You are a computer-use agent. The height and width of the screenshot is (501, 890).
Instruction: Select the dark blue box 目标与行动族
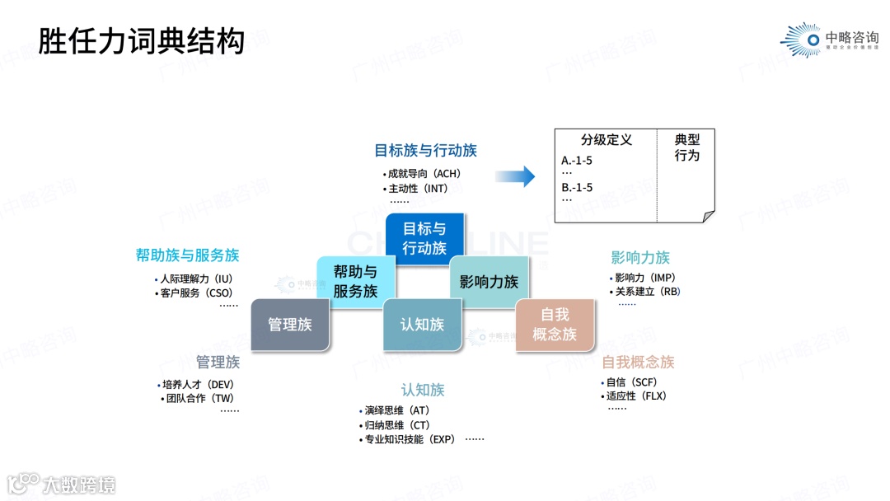424,238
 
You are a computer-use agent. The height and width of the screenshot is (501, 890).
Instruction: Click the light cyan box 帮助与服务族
355,281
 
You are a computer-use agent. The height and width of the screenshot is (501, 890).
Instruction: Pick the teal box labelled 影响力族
489,281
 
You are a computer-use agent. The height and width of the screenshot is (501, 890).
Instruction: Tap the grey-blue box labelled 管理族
289,325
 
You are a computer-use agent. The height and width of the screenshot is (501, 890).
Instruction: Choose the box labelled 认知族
422,325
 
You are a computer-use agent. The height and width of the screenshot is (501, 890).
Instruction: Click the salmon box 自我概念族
555,325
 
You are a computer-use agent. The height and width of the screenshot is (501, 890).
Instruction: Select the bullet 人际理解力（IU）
196,279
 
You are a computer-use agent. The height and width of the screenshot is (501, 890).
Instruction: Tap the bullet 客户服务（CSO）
196,293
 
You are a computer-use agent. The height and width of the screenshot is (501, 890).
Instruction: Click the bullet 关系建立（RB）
648,291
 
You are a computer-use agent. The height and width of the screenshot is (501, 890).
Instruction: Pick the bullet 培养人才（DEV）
199,384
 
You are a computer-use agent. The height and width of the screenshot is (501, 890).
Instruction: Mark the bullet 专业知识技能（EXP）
410,439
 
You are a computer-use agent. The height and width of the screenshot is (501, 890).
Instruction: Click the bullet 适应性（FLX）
636,396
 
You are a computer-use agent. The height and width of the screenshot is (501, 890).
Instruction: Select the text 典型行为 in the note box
686,147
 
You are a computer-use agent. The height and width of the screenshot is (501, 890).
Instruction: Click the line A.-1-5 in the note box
577,161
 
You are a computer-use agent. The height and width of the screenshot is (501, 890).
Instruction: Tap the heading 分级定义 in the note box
606,140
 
